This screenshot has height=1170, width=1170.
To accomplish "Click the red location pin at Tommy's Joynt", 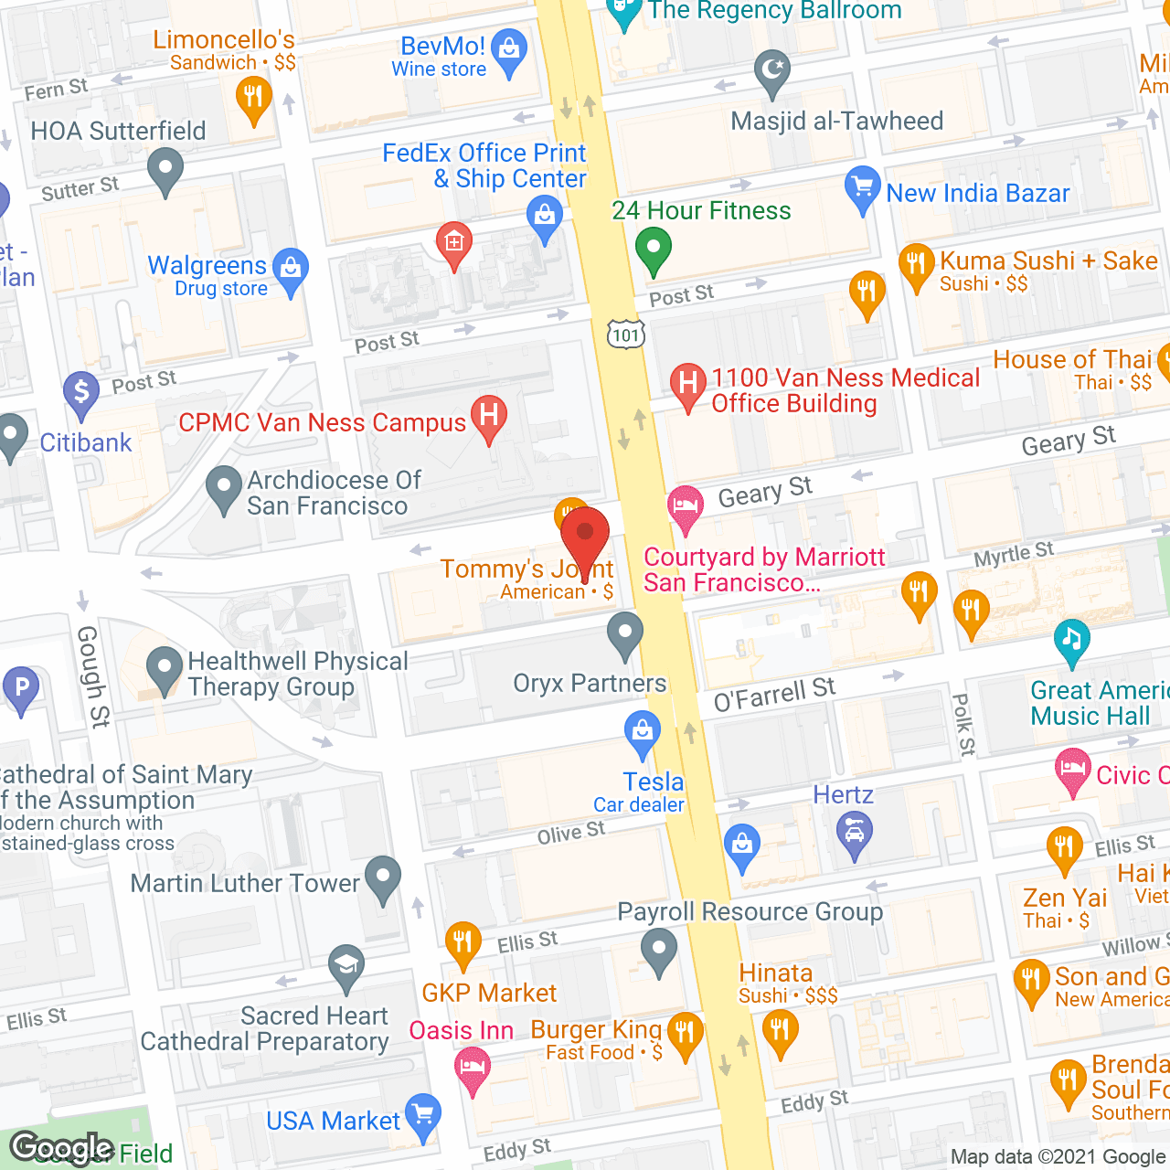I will (585, 535).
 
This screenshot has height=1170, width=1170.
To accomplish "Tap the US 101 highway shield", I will (626, 335).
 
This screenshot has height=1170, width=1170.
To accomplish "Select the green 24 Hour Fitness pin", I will (654, 248).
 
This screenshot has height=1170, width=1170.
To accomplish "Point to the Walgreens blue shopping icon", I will (291, 270).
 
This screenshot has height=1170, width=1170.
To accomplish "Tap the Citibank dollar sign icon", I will (81, 392).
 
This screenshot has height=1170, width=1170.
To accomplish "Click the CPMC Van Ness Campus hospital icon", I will (489, 416).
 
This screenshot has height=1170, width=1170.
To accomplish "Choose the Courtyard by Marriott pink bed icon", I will (685, 505).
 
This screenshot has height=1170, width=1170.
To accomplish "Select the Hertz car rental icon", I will (855, 834).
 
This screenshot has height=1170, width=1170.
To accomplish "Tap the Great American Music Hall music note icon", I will (1071, 639).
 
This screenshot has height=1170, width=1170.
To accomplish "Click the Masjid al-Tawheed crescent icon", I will (772, 70).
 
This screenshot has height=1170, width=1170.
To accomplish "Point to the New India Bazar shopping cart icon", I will (862, 187).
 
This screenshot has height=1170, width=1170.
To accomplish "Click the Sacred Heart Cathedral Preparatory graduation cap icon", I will (346, 965).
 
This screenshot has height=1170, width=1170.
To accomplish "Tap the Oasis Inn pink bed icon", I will (473, 1067).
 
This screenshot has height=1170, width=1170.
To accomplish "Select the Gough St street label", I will (92, 676).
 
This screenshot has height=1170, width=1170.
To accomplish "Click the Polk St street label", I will (963, 725).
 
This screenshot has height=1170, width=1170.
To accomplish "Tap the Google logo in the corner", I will (62, 1147).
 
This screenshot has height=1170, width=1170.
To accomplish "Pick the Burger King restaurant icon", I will (685, 1034).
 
